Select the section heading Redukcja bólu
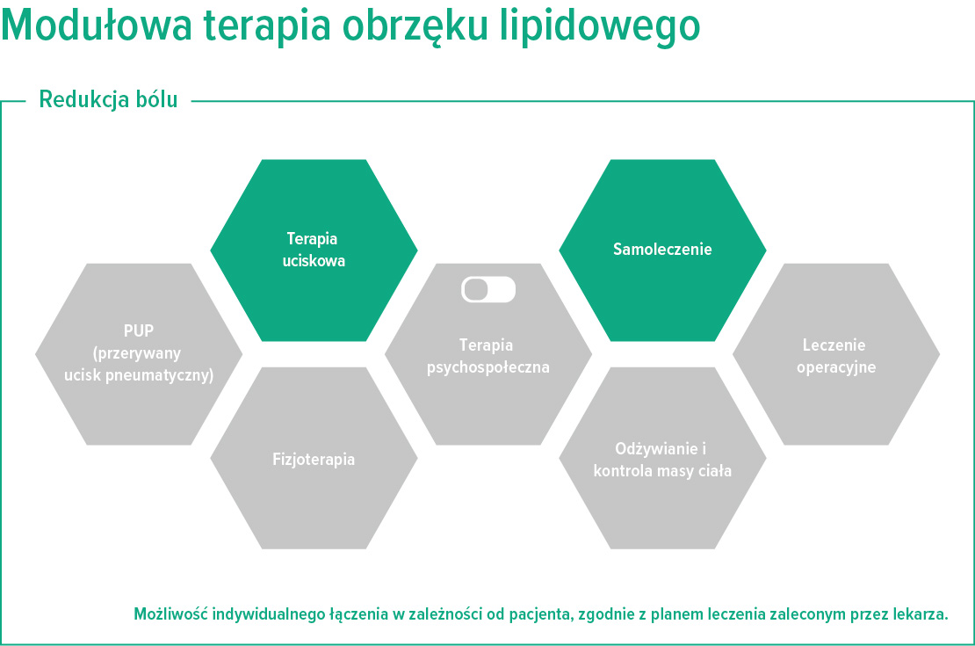(108, 100)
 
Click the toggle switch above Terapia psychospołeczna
(488, 290)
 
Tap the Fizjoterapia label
(314, 460)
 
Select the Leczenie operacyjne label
(836, 355)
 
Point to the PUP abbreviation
(139, 332)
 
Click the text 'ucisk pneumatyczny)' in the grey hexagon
(139, 374)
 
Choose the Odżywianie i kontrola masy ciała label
(662, 460)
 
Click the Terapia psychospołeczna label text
(488, 356)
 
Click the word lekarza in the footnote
(921, 613)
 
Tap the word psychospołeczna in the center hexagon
(488, 367)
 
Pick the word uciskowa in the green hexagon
(314, 261)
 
